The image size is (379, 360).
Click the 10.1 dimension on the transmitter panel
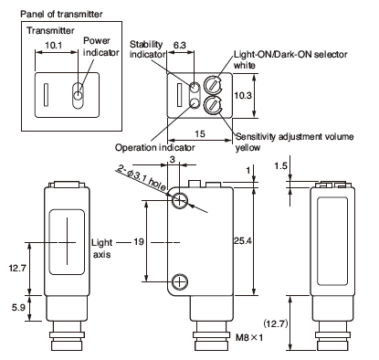[53, 46]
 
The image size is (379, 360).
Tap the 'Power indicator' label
[100, 47]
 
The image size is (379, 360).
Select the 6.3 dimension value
[180, 45]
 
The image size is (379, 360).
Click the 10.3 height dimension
[243, 95]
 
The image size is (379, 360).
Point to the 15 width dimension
[200, 133]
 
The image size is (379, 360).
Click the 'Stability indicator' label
[147, 49]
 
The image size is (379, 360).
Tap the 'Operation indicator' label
[154, 148]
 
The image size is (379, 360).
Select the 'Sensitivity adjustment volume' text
[295, 136]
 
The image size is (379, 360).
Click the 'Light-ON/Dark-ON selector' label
[290, 54]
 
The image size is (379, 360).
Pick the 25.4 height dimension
[243, 241]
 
